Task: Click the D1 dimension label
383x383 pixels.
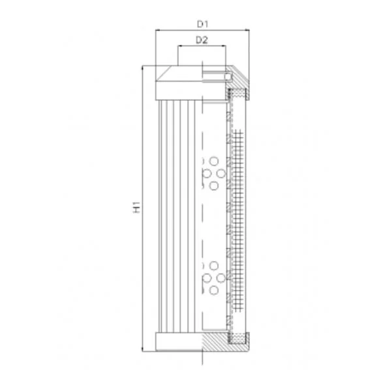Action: [202, 24]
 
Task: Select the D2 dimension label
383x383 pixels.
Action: [202, 40]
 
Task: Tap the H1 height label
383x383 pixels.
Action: [136, 207]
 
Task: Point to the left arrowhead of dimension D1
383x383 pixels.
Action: [158, 30]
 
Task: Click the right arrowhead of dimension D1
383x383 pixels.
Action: [247, 30]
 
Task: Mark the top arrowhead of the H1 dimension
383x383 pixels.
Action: [142, 68]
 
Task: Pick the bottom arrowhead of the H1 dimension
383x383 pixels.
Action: [142, 349]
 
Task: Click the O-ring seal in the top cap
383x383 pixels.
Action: [228, 76]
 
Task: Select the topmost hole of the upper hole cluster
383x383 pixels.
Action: [214, 162]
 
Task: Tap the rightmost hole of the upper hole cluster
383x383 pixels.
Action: [221, 173]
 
